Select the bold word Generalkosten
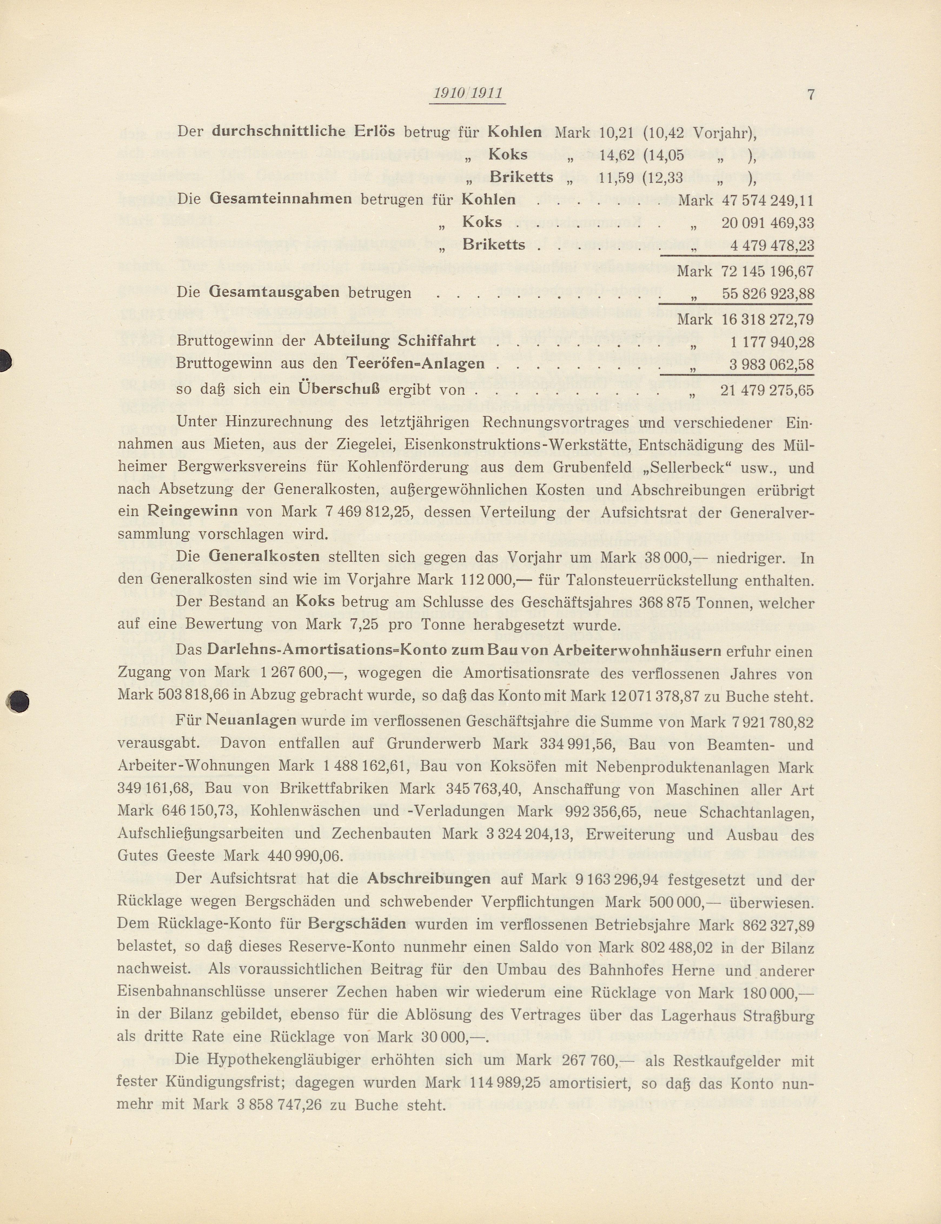(x=264, y=557)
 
